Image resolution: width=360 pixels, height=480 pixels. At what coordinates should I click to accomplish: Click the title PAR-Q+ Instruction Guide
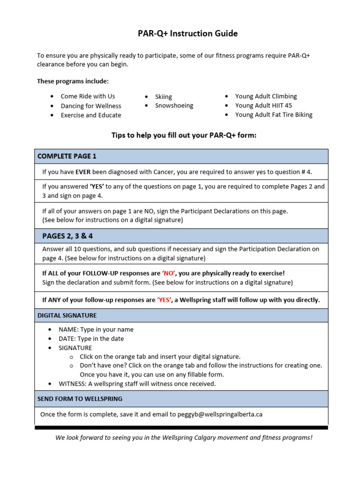[181, 33]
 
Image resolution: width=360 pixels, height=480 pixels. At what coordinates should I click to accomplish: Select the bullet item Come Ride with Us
[88, 96]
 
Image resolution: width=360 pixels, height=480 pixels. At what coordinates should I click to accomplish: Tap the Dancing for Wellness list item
[90, 106]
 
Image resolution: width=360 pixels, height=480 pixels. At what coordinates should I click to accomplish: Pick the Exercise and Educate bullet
[90, 115]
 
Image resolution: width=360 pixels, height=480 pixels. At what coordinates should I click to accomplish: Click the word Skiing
[164, 97]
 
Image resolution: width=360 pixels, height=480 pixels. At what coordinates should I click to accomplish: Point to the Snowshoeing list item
[174, 105]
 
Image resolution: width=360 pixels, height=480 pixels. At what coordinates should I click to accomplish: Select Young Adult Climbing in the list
[266, 96]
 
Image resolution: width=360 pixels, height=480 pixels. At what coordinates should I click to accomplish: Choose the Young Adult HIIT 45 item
[263, 105]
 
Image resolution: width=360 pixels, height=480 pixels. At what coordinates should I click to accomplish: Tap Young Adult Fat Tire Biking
[274, 115]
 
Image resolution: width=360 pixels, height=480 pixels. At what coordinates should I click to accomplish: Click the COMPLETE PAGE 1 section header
[67, 156]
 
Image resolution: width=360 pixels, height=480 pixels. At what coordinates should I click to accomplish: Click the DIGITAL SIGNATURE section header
[67, 315]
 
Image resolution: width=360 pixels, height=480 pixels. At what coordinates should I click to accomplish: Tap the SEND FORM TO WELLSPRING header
[80, 399]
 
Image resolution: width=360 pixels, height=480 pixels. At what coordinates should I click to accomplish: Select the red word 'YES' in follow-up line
[164, 300]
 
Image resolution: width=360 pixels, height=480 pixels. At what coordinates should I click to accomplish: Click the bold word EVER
[82, 172]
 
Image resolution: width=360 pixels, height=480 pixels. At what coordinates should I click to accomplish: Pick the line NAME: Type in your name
[96, 330]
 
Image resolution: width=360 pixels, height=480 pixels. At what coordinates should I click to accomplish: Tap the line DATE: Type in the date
[91, 338]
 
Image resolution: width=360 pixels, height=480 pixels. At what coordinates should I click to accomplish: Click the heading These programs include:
[73, 81]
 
